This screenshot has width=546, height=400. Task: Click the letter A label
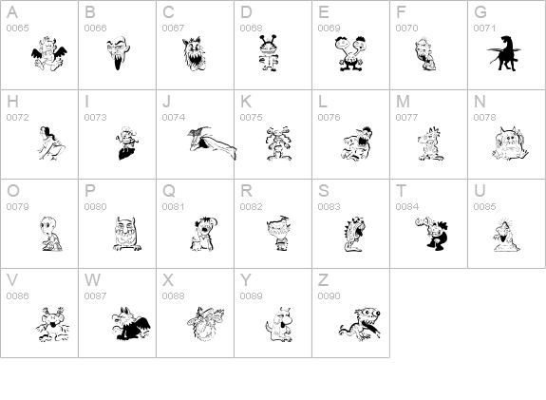pyautogui.click(x=12, y=12)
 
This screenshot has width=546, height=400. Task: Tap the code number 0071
pyautogui.click(x=485, y=29)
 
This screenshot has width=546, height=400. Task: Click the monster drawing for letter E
pyautogui.click(x=350, y=55)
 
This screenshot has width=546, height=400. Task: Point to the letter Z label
pyautogui.click(x=323, y=280)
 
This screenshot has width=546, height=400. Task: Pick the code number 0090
pyautogui.click(x=329, y=296)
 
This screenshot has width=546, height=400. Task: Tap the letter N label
pyautogui.click(x=480, y=102)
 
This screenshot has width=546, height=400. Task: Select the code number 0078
pyautogui.click(x=485, y=118)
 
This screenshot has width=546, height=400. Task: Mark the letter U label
pyautogui.click(x=480, y=191)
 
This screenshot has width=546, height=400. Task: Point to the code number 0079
pyautogui.click(x=18, y=207)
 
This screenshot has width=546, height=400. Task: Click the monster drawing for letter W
pyautogui.click(x=127, y=323)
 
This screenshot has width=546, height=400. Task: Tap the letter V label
pyautogui.click(x=12, y=280)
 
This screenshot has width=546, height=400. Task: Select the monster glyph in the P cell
pyautogui.click(x=126, y=233)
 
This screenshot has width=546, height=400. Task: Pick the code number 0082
pyautogui.click(x=251, y=207)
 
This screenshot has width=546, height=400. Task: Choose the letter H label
pyautogui.click(x=12, y=102)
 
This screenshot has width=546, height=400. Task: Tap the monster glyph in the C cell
pyautogui.click(x=195, y=55)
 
